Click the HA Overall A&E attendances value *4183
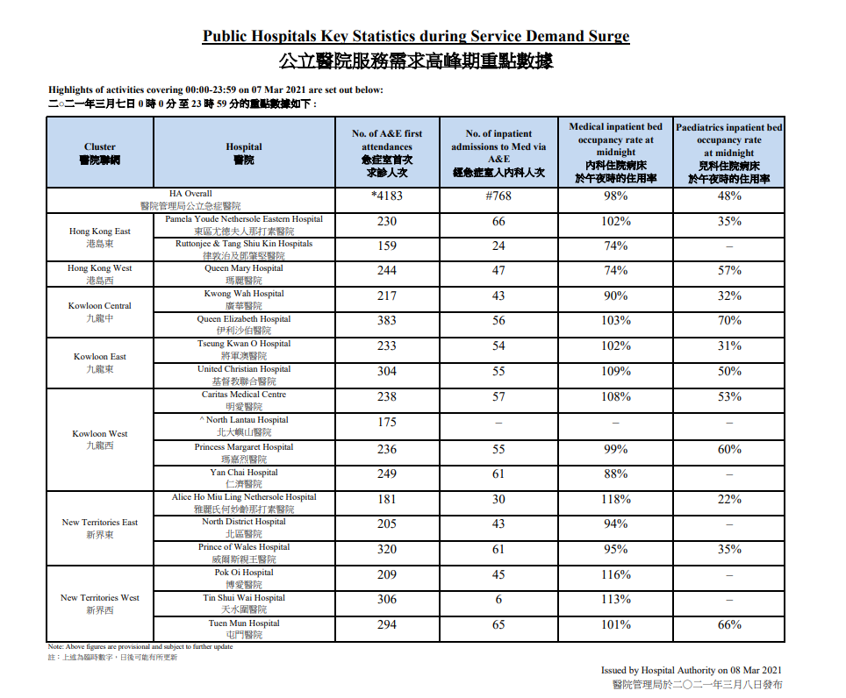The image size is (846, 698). tap(387, 196)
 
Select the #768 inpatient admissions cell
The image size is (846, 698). tap(498, 196)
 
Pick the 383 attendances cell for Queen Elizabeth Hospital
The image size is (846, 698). tap(387, 320)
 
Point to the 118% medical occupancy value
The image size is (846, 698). tap(616, 498)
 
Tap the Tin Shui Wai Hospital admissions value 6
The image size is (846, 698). tap(498, 599)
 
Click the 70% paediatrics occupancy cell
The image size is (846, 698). tap(728, 320)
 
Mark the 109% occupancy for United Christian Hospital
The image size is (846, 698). tap(616, 371)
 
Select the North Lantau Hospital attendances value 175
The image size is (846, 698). tap(387, 422)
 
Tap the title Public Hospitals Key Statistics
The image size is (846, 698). tap(416, 37)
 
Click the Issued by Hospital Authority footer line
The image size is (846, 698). tap(691, 669)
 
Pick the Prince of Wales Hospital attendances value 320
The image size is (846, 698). tap(387, 549)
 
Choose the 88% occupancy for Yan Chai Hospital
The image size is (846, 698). tap(616, 474)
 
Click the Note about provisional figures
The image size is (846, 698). tap(140, 646)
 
